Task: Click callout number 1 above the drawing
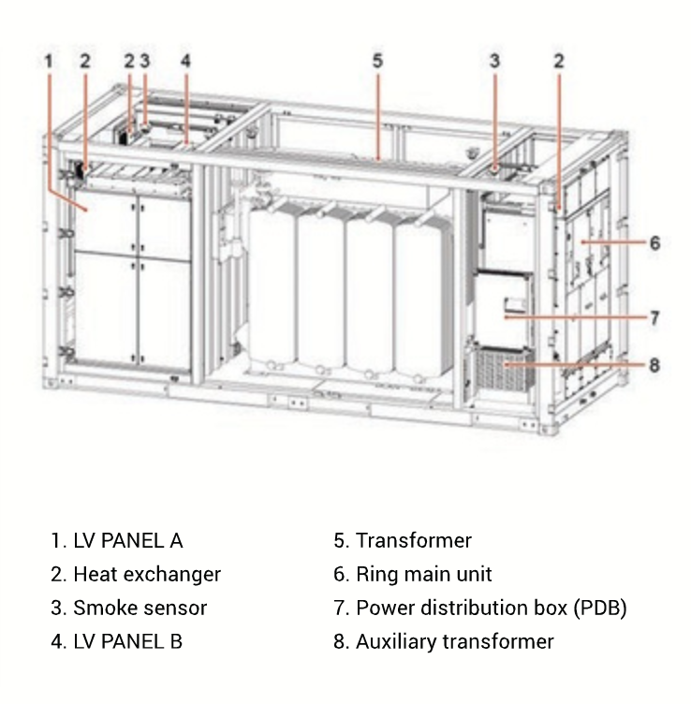click(x=49, y=61)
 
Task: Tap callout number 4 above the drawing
click(x=186, y=61)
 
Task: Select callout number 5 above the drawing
click(x=377, y=61)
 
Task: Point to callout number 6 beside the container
click(x=654, y=242)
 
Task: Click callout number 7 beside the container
click(x=654, y=317)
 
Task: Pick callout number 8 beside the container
click(x=654, y=364)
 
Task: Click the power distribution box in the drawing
click(x=505, y=308)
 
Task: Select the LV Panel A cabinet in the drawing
click(x=131, y=281)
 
